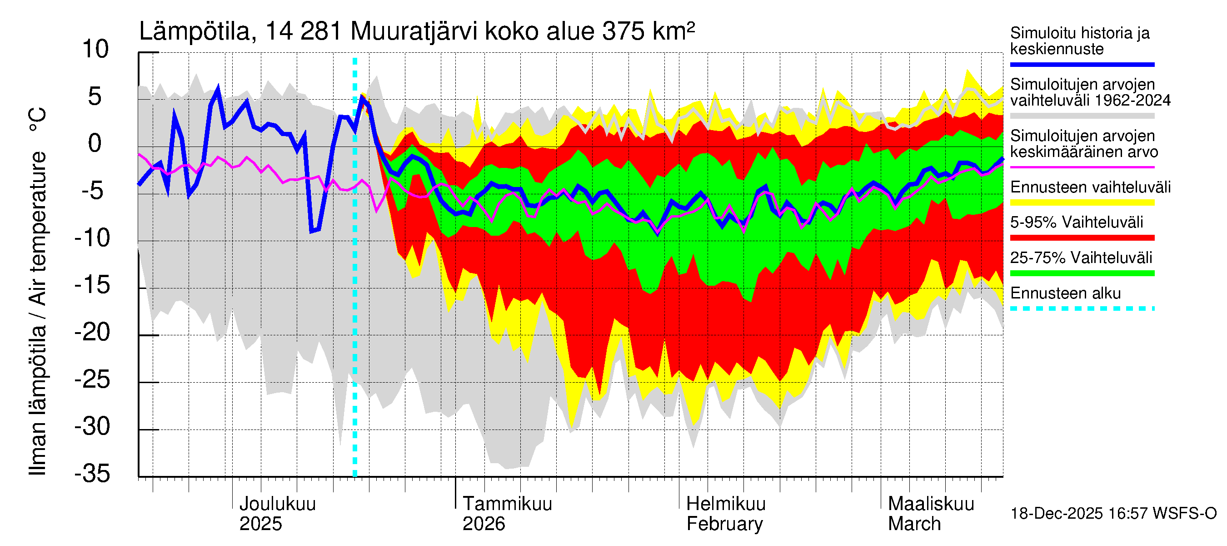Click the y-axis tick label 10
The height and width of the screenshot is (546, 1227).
[x=95, y=50]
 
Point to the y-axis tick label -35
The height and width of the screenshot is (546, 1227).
[x=92, y=474]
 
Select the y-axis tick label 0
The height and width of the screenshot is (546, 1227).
[x=95, y=143]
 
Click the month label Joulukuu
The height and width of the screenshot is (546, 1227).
[x=277, y=504]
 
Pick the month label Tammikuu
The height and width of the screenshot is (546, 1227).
[x=507, y=504]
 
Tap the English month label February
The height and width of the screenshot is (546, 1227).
[x=724, y=524]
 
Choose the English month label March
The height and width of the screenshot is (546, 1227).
[x=914, y=524]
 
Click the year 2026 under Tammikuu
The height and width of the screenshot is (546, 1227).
[x=484, y=524]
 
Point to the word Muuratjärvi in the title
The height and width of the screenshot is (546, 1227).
[x=414, y=32]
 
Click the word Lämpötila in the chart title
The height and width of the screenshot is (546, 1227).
[x=195, y=32]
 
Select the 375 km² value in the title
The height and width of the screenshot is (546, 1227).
[x=648, y=32]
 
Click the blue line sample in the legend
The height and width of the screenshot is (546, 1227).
[x=1082, y=64]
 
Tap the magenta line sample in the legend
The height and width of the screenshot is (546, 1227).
[x=1082, y=167]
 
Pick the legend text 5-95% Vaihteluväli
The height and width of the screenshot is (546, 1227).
[x=1077, y=222]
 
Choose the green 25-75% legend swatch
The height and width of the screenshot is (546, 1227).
[x=1082, y=273]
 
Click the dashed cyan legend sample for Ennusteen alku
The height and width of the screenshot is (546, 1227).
[x=1082, y=308]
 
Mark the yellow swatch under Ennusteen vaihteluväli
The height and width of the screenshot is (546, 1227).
[x=1082, y=202]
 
